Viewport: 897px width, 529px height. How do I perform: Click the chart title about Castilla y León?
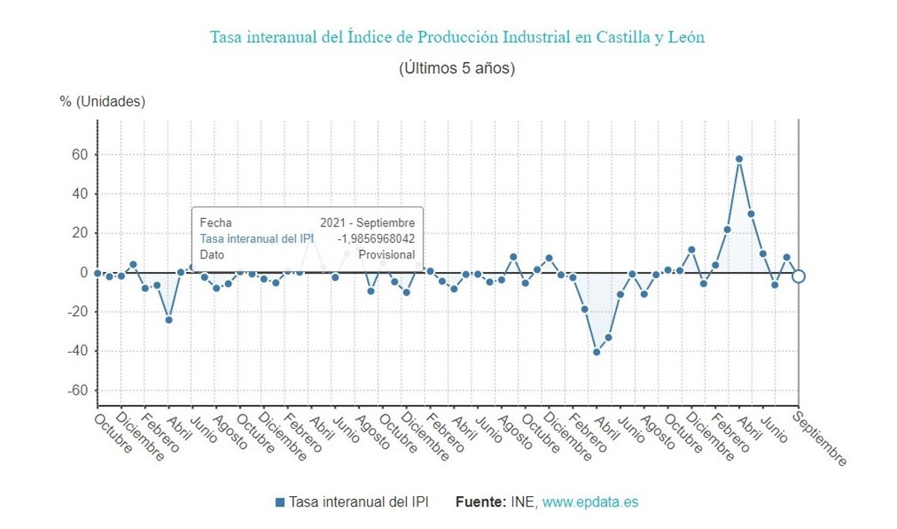[x=457, y=37]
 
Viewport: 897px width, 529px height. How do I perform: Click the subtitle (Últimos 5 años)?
[x=457, y=68]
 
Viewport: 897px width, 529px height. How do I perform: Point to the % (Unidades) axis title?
[x=102, y=102]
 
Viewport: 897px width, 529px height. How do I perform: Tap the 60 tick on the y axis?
[x=80, y=155]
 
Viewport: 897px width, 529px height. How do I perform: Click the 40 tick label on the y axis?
[x=80, y=194]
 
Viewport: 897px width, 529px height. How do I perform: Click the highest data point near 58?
[x=739, y=158]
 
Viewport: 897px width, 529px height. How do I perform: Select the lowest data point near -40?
[x=597, y=352]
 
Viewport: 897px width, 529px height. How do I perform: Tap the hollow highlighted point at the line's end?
[x=798, y=276]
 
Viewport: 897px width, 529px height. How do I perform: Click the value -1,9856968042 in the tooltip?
[x=376, y=238]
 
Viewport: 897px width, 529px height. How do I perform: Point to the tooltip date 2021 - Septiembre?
[x=367, y=223]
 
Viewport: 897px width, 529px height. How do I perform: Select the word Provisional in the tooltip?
[x=386, y=254]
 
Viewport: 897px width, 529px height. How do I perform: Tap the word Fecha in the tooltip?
[x=215, y=223]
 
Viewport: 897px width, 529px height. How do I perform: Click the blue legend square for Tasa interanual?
[x=280, y=502]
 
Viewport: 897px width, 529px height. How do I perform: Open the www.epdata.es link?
[x=590, y=502]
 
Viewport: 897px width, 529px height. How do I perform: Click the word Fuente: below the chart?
[x=481, y=502]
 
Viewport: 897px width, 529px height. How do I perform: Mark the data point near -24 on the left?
[x=169, y=320]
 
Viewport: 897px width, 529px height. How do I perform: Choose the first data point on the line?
[x=98, y=273]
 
